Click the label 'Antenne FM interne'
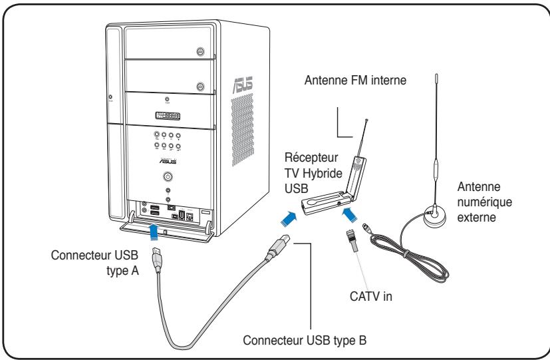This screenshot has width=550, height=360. tap(355, 81)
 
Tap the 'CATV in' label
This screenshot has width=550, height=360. tap(370, 297)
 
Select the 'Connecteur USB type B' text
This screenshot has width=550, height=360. tap(305, 340)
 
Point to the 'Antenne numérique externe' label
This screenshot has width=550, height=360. tap(484, 202)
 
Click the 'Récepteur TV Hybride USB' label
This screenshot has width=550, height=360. tap(313, 173)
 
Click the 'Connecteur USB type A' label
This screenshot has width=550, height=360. tap(94, 262)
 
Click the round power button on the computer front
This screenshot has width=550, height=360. tap(168, 176)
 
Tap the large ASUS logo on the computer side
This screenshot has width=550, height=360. tap(243, 85)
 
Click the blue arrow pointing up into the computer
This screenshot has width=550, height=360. tap(154, 233)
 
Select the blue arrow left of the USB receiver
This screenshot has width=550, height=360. tap(289, 219)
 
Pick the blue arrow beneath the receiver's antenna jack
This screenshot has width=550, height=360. tap(350, 215)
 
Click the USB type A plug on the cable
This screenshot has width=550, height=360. tap(157, 260)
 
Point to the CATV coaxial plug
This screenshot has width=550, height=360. tap(352, 242)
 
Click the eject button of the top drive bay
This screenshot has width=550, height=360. tap(200, 52)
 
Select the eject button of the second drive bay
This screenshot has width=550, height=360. tap(200, 87)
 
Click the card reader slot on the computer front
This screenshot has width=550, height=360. tap(168, 116)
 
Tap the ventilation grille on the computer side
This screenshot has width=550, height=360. tap(242, 130)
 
